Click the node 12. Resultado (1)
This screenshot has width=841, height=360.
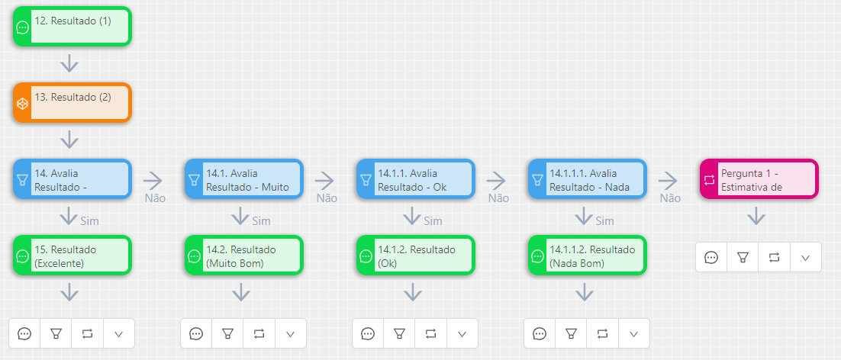pyautogui.click(x=72, y=27)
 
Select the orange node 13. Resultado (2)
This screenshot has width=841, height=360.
pyautogui.click(x=72, y=103)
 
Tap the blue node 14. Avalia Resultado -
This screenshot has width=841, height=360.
pyautogui.click(x=72, y=179)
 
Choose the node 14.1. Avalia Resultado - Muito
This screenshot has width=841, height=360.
pyautogui.click(x=244, y=179)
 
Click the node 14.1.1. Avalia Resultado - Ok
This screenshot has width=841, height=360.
pyautogui.click(x=416, y=179)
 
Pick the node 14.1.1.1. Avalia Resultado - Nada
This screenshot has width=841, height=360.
pyautogui.click(x=588, y=179)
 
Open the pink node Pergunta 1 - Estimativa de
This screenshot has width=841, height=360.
pyautogui.click(x=759, y=179)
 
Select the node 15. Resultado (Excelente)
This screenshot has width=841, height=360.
pyautogui.click(x=72, y=256)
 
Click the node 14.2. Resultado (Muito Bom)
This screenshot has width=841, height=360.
pyautogui.click(x=244, y=256)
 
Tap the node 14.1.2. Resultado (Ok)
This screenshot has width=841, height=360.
pyautogui.click(x=416, y=256)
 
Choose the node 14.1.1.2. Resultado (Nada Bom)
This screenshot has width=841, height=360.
pyautogui.click(x=588, y=256)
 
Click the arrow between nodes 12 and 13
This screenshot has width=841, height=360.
pyautogui.click(x=69, y=63)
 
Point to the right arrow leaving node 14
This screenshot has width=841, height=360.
pyautogui.click(x=153, y=180)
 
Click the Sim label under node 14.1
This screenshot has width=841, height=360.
pyautogui.click(x=261, y=221)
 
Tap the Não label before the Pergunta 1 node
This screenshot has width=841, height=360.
pyautogui.click(x=670, y=198)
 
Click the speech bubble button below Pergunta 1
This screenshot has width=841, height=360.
pyautogui.click(x=711, y=257)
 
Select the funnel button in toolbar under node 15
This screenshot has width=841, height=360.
pyautogui.click(x=56, y=333)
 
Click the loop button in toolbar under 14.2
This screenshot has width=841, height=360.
pyautogui.click(x=259, y=333)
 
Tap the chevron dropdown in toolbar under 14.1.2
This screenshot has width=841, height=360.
pyautogui.click(x=462, y=333)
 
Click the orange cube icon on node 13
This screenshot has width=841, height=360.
pyautogui.click(x=23, y=104)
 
